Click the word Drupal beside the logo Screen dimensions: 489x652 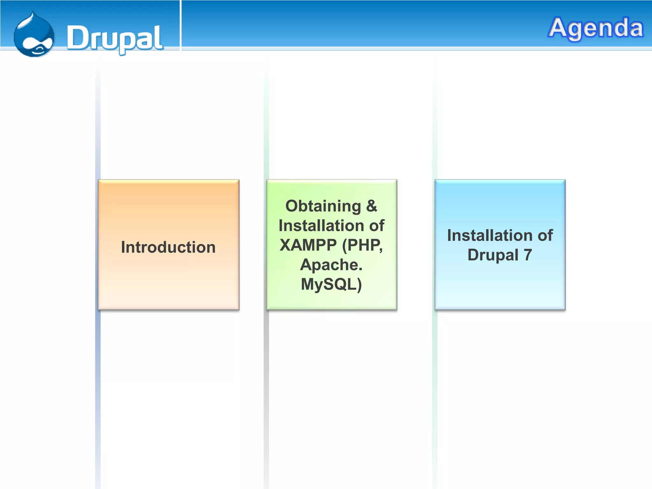click(x=115, y=38)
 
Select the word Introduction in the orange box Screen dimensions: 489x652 click(x=168, y=247)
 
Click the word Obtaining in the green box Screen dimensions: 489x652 click(x=323, y=206)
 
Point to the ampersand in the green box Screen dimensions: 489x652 click(x=372, y=206)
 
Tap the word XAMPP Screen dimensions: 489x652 click(x=308, y=245)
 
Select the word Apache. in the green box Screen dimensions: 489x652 click(x=331, y=265)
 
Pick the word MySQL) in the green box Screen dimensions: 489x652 click(x=331, y=284)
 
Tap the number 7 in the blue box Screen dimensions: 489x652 click(x=528, y=255)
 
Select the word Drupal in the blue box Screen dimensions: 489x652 click(x=493, y=255)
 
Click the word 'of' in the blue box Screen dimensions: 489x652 click(x=545, y=236)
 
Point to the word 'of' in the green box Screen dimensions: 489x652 click(x=377, y=226)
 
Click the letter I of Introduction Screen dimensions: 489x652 click(x=123, y=247)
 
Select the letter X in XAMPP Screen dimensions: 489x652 click(x=285, y=245)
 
